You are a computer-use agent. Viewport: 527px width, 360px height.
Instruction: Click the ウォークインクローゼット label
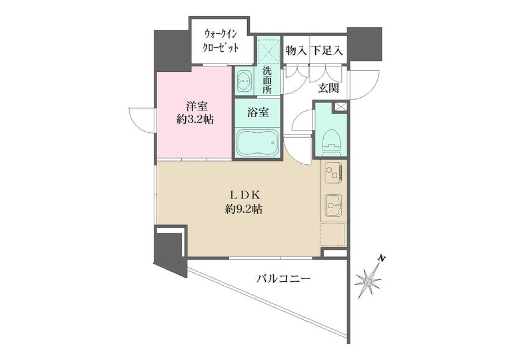tap(220, 41)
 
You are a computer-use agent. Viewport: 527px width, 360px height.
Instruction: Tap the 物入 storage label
tap(296, 50)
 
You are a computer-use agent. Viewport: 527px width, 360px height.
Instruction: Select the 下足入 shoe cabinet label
tap(327, 50)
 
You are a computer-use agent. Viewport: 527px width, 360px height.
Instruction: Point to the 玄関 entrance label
tap(328, 88)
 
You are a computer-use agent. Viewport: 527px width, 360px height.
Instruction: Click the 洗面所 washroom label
tap(267, 80)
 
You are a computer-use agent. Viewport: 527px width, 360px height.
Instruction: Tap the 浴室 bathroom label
tap(258, 112)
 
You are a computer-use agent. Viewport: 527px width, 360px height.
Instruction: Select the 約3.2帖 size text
tap(195, 120)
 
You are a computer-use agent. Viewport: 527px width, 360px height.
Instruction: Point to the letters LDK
tap(245, 194)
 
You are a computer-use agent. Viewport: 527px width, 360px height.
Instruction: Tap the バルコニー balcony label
tap(283, 279)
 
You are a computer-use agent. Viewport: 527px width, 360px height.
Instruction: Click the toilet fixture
tap(332, 143)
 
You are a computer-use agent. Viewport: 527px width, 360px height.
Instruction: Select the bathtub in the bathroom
tap(257, 143)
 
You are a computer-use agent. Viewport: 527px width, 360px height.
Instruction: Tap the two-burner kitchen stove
tap(334, 173)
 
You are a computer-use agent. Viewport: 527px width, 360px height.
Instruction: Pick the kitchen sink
tap(334, 205)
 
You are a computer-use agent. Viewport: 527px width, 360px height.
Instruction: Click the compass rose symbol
tap(368, 281)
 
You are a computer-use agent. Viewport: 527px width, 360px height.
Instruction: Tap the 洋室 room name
tap(197, 106)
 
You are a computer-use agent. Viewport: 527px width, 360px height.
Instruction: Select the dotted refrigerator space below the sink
tap(333, 235)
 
